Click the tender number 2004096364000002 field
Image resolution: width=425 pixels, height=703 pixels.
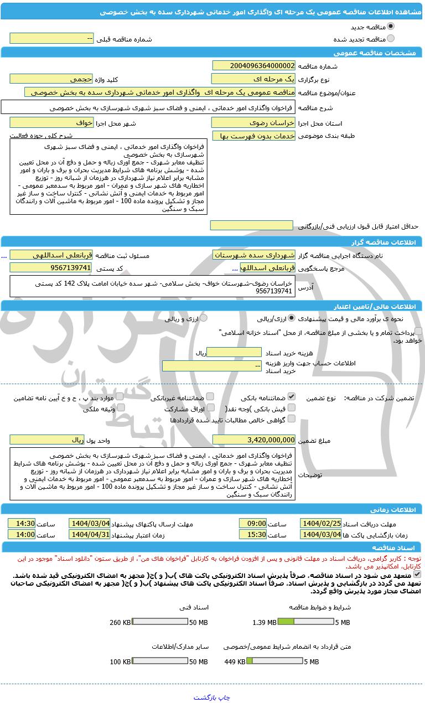point(253,66)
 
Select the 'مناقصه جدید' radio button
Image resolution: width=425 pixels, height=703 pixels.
point(391,27)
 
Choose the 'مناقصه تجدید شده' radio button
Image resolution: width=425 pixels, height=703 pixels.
point(391,39)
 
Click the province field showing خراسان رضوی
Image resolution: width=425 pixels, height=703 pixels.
point(253,123)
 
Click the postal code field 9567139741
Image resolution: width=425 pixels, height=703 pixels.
point(51,268)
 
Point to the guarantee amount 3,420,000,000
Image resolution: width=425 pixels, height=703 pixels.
point(253,440)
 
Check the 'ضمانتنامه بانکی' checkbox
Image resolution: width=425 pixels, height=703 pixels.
point(292,397)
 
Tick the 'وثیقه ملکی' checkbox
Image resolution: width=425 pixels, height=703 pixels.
point(121,408)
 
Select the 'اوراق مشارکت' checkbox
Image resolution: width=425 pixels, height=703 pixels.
point(210,408)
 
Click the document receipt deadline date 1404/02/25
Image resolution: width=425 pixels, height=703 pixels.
point(321,524)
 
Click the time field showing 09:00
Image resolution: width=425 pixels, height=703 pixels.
point(253,524)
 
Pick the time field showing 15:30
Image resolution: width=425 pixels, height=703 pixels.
point(253,535)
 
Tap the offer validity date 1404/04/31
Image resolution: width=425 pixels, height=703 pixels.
point(90,535)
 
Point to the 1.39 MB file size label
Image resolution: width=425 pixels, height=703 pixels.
point(264,623)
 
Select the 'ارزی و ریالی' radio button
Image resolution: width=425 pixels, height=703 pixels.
point(203,318)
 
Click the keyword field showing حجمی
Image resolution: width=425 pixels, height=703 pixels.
point(51,79)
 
